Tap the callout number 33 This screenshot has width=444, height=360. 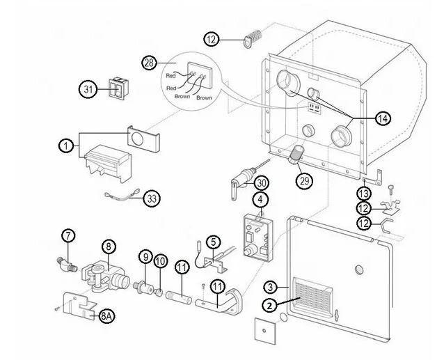point(152,198)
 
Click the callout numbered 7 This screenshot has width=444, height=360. point(68,236)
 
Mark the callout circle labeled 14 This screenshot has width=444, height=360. point(382,119)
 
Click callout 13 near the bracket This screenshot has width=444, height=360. point(363,192)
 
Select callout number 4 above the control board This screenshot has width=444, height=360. point(260,200)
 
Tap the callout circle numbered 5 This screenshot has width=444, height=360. point(212,242)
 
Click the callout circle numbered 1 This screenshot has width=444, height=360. point(65,146)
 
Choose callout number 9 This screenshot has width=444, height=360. point(145,257)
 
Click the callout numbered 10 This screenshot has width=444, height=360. point(160,261)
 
